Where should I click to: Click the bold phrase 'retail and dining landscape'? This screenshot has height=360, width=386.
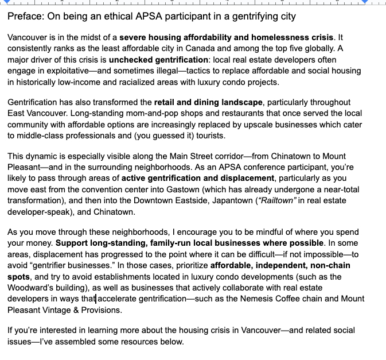click(208, 102)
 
